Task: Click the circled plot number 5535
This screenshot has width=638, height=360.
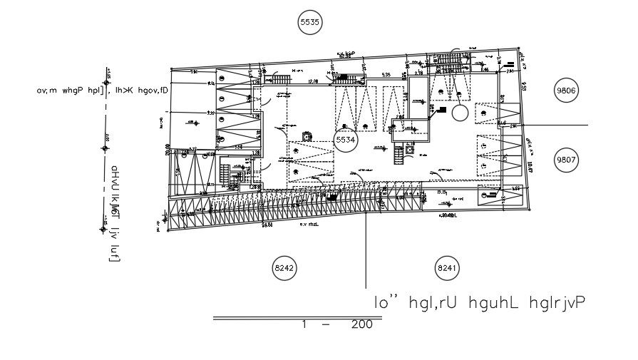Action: tap(310, 23)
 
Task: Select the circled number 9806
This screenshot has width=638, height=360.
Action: tap(568, 91)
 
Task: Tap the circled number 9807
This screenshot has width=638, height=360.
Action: tap(568, 160)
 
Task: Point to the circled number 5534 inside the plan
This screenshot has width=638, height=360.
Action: tap(346, 140)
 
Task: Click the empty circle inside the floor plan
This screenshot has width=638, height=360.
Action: tap(460, 112)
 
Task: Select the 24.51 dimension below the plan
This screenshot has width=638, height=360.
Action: tap(267, 225)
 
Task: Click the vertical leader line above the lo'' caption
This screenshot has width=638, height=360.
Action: tap(366, 250)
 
